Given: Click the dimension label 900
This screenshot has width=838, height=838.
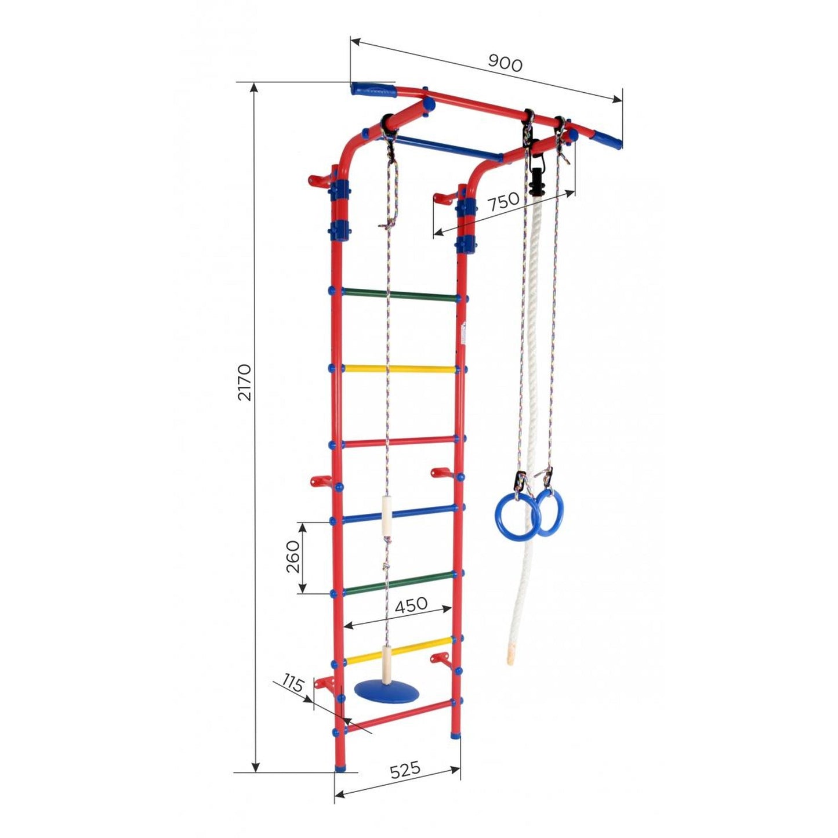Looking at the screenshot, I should click(505, 63).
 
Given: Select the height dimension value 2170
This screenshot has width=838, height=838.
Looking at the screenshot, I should click(245, 382).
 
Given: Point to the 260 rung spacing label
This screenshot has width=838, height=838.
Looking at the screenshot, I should click(293, 557).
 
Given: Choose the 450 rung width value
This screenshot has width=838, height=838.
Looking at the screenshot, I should click(411, 605).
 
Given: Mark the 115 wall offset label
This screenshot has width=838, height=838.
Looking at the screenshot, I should click(293, 684).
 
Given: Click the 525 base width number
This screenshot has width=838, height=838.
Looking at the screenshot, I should click(404, 770).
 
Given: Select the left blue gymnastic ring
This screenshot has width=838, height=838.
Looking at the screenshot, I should click(511, 516).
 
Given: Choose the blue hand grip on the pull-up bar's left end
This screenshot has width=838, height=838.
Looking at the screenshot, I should click(372, 90).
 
